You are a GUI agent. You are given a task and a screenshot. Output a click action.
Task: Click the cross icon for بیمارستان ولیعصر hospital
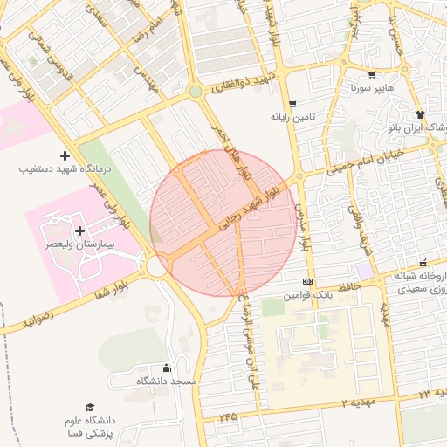point(81,231)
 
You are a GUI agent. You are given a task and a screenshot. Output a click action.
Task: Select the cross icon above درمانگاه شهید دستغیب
point(64,155)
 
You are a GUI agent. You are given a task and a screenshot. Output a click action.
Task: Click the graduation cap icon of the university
point(89,408)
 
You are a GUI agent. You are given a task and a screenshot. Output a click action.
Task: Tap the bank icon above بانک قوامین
point(307,281)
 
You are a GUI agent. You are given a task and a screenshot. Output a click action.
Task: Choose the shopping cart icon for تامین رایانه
point(292,103)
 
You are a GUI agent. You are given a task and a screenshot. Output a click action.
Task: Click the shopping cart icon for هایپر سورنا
point(373,75)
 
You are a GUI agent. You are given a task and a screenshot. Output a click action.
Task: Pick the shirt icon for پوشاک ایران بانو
point(420,113)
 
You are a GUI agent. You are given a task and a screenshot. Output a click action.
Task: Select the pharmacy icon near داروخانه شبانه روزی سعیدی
point(423,263)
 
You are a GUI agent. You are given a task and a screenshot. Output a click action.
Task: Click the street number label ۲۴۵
point(229,417)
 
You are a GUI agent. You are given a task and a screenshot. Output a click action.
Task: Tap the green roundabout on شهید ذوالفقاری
point(196,91)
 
